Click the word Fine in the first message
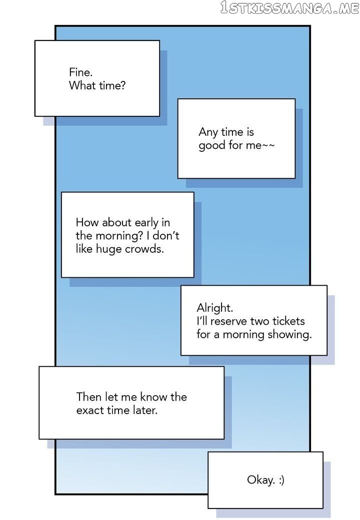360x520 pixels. coord(80,72)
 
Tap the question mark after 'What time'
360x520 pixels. coord(123,85)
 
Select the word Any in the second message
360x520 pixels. coord(208,132)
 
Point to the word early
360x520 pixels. coord(147,222)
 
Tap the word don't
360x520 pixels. coord(165,235)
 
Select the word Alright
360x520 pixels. coord(215,308)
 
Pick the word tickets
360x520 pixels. coord(288,321)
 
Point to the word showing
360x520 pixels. coord(289,335)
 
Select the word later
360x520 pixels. coord(145,410)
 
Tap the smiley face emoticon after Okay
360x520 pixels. coord(281,480)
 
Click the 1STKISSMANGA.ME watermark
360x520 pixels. coord(289,7)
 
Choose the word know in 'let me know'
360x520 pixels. coord(154,397)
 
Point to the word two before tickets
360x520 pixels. coord(260,321)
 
